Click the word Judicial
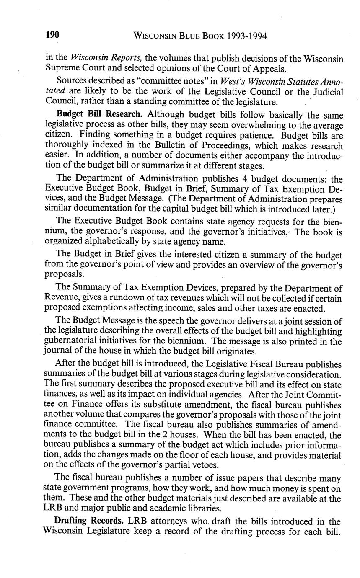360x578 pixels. (324, 92)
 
